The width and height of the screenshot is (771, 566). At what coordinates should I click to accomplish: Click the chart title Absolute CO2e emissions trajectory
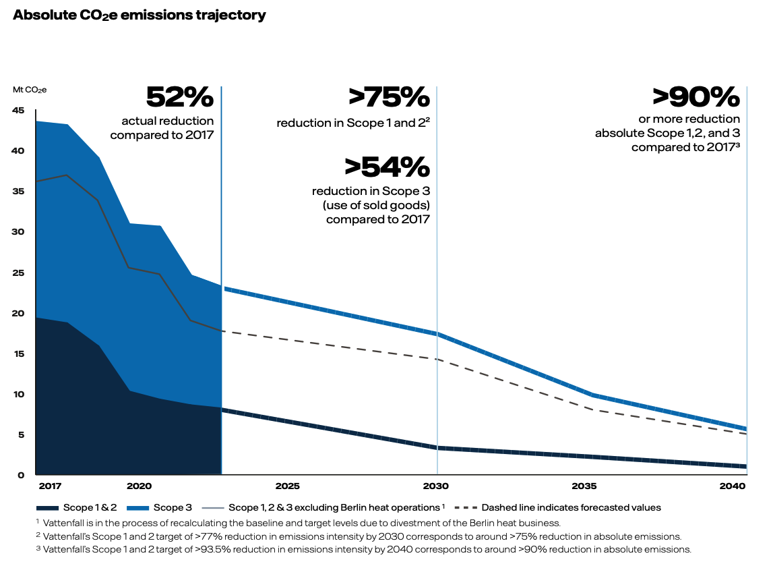pos(139,15)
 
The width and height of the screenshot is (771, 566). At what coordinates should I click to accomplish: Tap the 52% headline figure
pos(180,98)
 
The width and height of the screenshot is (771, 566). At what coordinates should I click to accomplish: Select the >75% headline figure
pos(390,98)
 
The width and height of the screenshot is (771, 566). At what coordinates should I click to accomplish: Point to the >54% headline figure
pos(387,167)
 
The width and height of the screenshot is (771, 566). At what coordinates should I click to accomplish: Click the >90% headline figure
pos(696,98)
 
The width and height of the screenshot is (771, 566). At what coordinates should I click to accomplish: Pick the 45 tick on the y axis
pos(18,111)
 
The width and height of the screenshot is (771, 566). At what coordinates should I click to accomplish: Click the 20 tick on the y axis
pos(18,314)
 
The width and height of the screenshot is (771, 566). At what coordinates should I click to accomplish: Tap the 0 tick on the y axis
pos(22,476)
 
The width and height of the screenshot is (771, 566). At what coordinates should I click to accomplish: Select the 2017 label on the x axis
pos(49,486)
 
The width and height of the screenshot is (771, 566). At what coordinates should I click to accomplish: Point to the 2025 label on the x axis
pos(287,486)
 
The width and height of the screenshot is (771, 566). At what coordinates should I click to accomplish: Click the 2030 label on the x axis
pos(437,486)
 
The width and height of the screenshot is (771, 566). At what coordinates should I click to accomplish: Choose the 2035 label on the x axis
pos(584,486)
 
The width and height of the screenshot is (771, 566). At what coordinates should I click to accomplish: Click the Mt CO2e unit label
pos(30,89)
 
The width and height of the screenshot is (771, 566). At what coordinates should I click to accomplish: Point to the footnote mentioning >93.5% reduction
pos(364,550)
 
